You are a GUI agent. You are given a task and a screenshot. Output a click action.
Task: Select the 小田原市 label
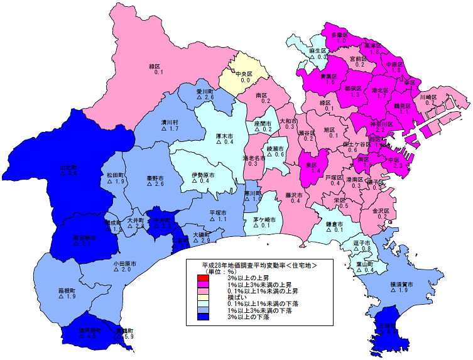[122, 263]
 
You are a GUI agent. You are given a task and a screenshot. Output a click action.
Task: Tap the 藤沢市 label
[293, 195]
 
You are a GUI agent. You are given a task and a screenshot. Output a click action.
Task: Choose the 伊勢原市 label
[204, 175]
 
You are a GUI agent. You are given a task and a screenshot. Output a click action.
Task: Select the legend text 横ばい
[236, 298]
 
